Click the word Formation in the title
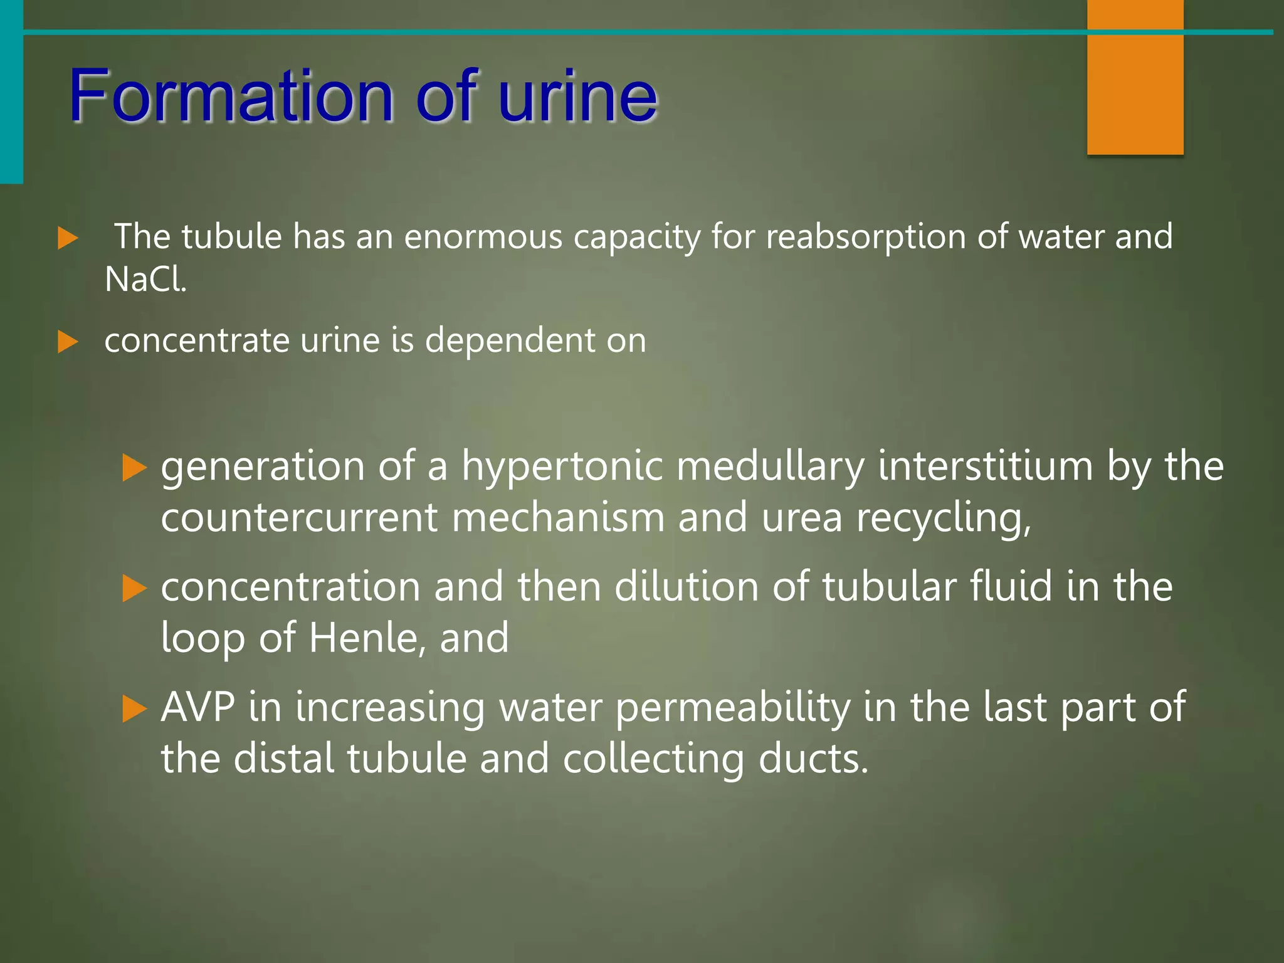231,95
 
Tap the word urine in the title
577,95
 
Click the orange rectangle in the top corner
1135,77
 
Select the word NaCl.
145,279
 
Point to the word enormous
483,237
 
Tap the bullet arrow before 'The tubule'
68,238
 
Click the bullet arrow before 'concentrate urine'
68,342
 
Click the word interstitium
986,466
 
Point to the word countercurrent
299,518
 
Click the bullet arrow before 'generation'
135,468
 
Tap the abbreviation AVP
198,707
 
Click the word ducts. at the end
814,759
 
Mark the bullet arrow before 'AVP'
135,709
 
